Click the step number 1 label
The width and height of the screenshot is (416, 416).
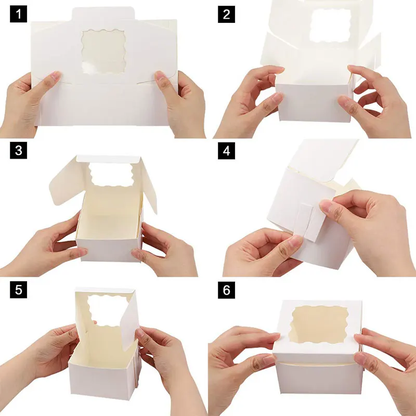[19, 14]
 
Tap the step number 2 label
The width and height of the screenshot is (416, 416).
[226, 14]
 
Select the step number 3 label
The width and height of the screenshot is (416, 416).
[19, 151]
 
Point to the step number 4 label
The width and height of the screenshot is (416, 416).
[226, 151]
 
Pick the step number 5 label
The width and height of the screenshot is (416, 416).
[19, 290]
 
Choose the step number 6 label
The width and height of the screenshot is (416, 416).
[226, 290]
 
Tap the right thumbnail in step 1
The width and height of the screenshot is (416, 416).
[162, 77]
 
